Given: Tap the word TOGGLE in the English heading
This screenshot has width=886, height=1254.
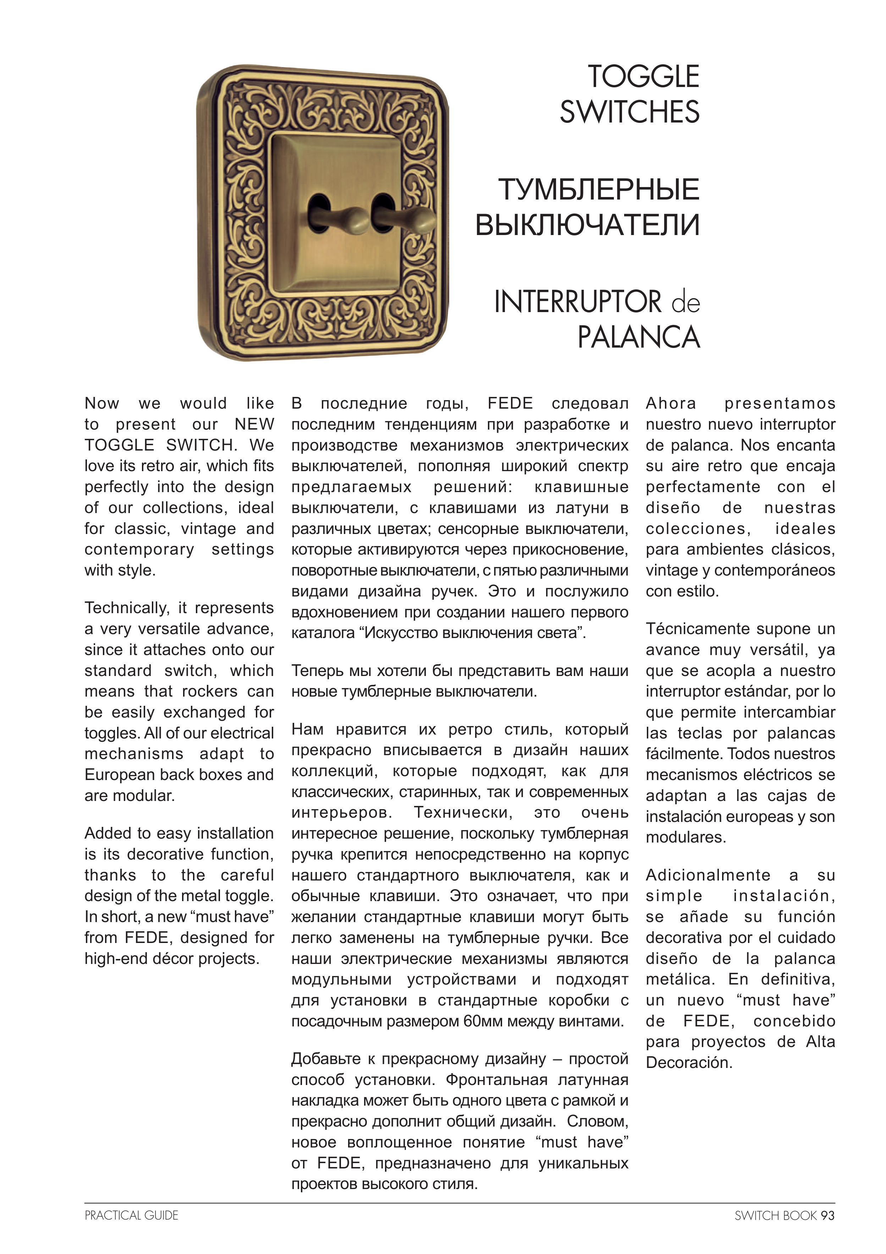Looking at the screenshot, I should coord(643,76).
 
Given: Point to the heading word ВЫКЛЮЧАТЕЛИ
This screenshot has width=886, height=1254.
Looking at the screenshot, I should coord(587,224).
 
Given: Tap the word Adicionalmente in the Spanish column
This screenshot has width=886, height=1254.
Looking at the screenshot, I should coord(708,875).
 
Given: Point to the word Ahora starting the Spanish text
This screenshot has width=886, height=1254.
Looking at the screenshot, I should coord(671,404).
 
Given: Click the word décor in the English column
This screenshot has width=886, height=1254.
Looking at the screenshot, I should coord(174,959).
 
